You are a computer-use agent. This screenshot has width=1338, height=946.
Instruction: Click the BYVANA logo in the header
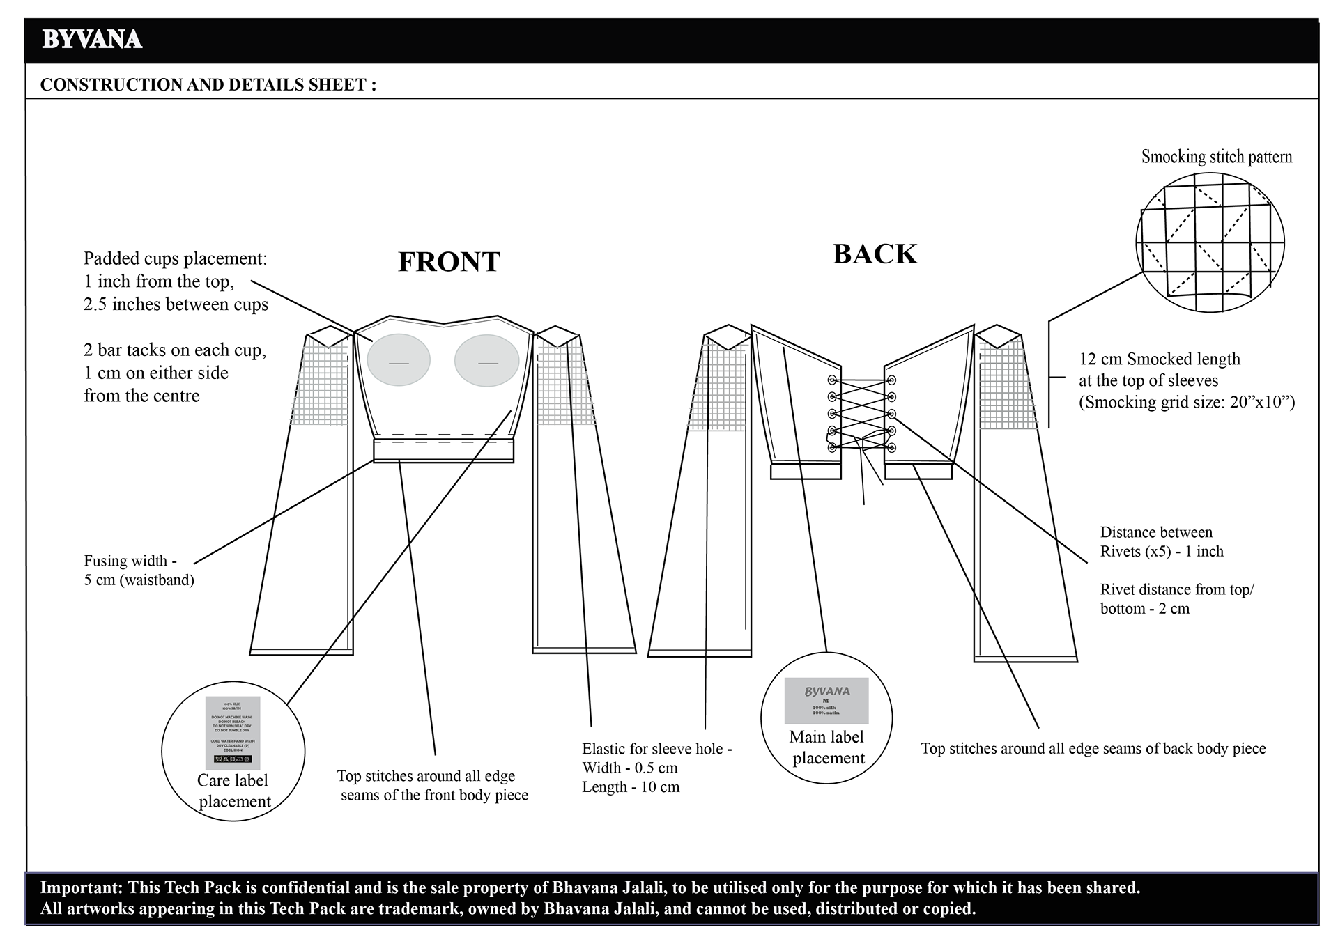tap(92, 40)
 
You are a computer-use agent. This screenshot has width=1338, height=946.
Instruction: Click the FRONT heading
tap(449, 262)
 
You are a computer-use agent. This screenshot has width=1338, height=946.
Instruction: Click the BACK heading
tap(875, 254)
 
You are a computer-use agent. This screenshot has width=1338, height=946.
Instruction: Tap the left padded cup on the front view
tap(398, 359)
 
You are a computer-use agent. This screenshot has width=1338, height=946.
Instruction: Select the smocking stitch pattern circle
tap(1210, 242)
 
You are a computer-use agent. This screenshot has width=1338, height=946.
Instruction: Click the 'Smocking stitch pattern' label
tap(1216, 157)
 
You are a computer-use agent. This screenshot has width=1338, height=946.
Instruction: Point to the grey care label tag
tap(233, 733)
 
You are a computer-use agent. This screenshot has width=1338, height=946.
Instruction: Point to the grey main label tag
tap(826, 700)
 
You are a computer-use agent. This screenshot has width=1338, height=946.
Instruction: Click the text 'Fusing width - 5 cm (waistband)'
tap(139, 570)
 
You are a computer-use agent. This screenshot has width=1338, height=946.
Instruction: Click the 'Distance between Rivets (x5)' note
tap(1162, 542)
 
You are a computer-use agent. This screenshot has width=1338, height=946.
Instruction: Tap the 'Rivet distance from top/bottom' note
tap(1176, 598)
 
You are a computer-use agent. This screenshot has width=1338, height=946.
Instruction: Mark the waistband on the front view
tap(443, 451)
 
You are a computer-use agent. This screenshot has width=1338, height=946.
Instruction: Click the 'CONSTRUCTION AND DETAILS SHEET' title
tap(208, 85)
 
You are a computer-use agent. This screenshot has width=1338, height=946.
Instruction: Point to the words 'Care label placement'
tap(233, 791)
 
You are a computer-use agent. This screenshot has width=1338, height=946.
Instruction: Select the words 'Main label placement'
tap(828, 747)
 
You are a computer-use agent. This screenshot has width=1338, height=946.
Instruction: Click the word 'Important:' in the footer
tap(79, 887)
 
